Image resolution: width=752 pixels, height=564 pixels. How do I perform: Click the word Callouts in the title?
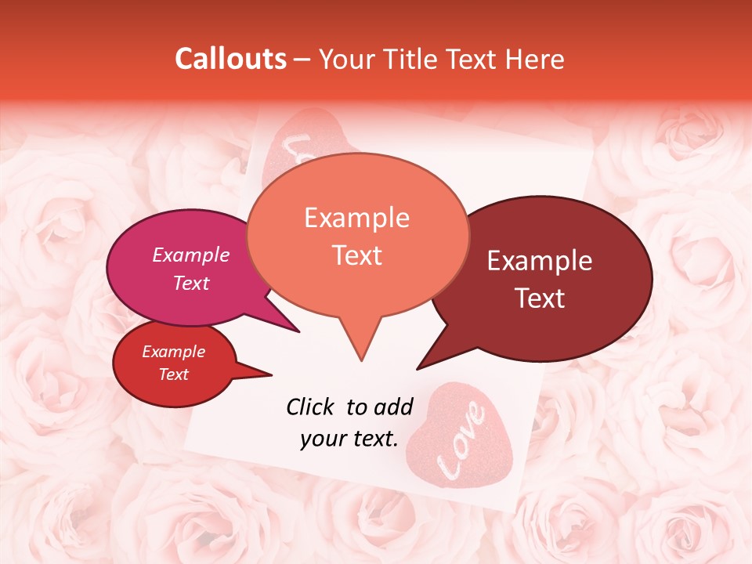click(230, 60)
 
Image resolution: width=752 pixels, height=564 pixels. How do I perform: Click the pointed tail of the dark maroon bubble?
click(421, 367)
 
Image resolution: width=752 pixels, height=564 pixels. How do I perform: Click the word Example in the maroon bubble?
click(540, 261)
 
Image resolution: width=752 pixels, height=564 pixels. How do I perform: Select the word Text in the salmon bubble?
click(357, 255)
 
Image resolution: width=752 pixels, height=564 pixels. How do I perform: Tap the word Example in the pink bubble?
click(191, 255)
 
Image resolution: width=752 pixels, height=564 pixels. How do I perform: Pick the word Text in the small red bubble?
click(173, 374)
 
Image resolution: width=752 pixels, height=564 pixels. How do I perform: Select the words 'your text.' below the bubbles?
click(349, 439)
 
